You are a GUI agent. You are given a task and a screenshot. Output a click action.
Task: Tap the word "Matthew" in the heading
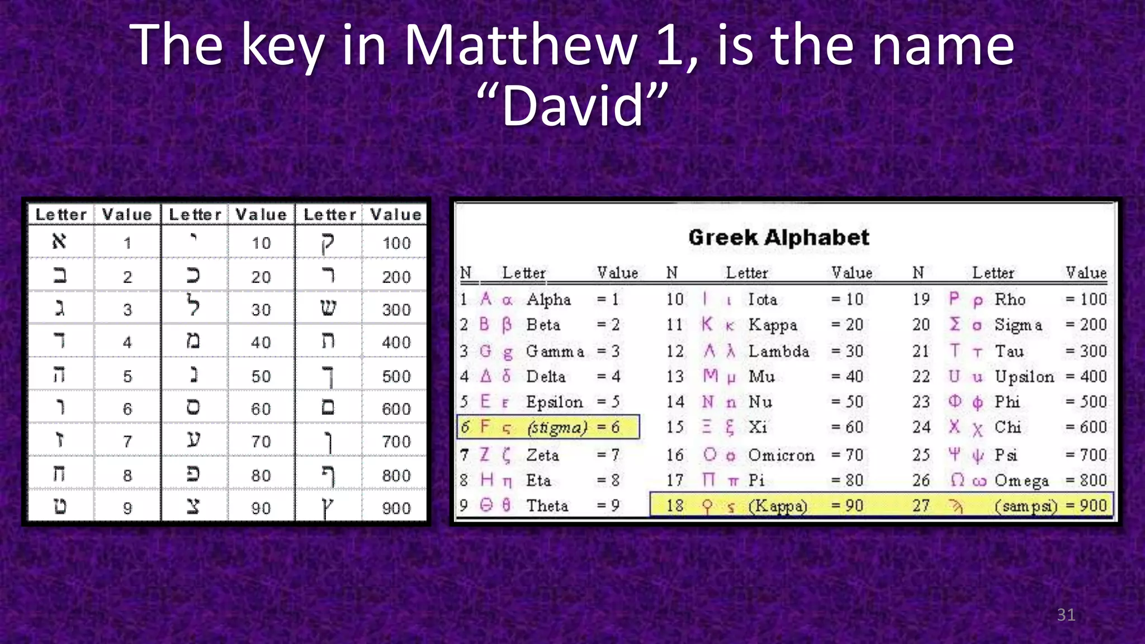tap(521, 46)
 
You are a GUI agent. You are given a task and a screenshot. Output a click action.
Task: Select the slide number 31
tap(1066, 615)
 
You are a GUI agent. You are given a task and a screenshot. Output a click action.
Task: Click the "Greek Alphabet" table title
tap(779, 238)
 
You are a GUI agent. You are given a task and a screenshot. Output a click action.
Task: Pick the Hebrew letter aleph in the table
tap(59, 241)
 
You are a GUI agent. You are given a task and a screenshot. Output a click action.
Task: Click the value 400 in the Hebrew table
tap(396, 342)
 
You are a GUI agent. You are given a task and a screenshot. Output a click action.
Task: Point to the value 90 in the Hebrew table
tap(261, 508)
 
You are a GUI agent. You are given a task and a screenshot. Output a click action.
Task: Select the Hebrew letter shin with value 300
tap(328, 308)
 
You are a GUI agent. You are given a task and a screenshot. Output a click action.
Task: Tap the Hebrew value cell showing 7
tap(127, 442)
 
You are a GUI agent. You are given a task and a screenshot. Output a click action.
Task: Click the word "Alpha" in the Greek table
tap(548, 300)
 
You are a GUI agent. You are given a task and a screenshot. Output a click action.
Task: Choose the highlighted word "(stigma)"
tap(557, 428)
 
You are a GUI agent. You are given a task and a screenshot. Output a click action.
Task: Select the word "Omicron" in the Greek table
tap(781, 455)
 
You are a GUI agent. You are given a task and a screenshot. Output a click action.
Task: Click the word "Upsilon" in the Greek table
tap(1024, 377)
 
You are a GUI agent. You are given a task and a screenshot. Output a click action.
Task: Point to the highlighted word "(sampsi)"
tap(1026, 506)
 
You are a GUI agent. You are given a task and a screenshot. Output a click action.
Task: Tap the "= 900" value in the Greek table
tap(1086, 505)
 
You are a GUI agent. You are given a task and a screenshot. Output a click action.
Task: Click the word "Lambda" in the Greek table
tap(779, 351)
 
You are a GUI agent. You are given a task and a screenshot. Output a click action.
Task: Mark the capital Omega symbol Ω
tap(957, 480)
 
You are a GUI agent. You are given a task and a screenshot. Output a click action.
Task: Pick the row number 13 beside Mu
tap(675, 377)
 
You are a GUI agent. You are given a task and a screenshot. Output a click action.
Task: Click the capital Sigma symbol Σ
tap(955, 324)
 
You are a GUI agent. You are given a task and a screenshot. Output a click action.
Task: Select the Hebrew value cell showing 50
tap(261, 376)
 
